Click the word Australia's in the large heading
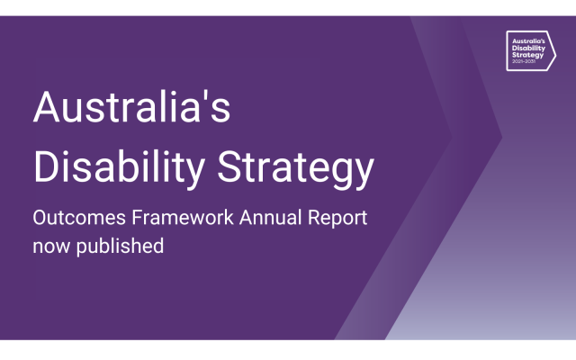[x=131, y=109]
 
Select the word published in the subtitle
[x=120, y=245]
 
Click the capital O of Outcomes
[x=41, y=219]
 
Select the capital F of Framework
[x=129, y=219]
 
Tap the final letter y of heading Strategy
[x=363, y=173]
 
